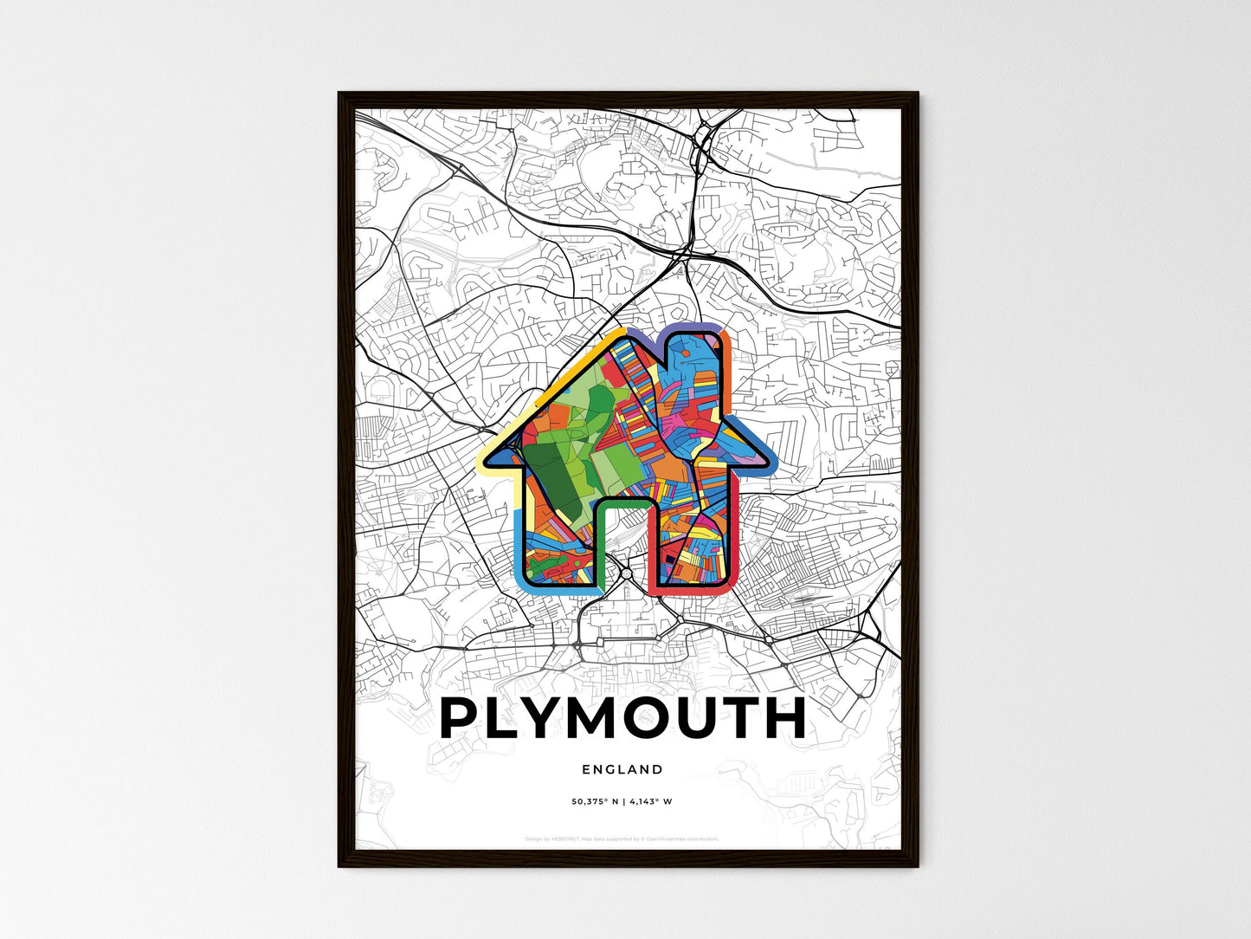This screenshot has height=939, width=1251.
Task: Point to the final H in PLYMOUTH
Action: pos(784,717)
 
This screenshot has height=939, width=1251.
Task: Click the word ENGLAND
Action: pos(622,769)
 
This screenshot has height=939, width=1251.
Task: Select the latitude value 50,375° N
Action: pos(596,801)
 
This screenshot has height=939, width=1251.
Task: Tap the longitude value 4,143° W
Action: pos(650,801)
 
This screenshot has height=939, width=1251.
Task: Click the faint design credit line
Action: pos(622,839)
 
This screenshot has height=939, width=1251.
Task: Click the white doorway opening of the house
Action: pos(622,546)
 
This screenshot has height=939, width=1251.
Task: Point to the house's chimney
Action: pos(696,364)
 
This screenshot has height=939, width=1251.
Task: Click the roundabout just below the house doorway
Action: pos(626,573)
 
